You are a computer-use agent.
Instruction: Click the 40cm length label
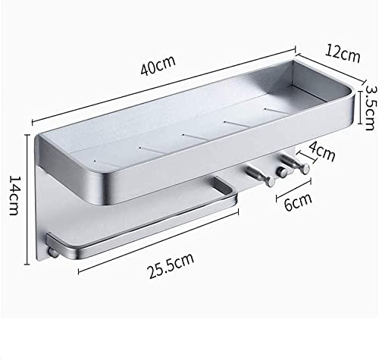[x=158, y=66]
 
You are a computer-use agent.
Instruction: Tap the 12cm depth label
[x=343, y=54]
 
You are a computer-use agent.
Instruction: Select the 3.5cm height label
[x=370, y=108]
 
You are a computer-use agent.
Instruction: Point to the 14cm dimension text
[x=14, y=195]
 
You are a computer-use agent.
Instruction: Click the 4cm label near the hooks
[x=322, y=151]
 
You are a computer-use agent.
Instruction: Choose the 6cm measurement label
[x=298, y=202]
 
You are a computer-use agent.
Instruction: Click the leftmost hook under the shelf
[x=262, y=176]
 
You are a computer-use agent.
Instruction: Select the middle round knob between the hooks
[x=281, y=172]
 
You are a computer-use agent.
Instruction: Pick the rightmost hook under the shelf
[x=296, y=164]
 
